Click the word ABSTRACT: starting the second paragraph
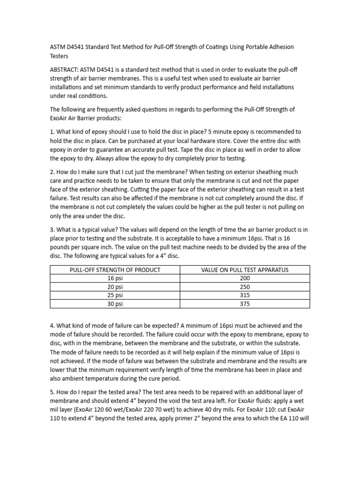pos(66,69)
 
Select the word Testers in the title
pos(59,56)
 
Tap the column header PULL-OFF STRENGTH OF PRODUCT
pos(115,270)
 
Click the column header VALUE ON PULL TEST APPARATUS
pos(245,270)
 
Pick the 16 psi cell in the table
pos(115,278)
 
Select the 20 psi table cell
pos(115,286)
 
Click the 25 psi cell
pos(115,295)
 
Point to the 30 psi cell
pos(115,304)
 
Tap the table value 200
pos(245,278)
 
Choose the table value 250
pos(245,286)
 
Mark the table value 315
pos(245,295)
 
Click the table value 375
pos(245,304)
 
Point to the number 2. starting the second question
pos(52,172)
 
